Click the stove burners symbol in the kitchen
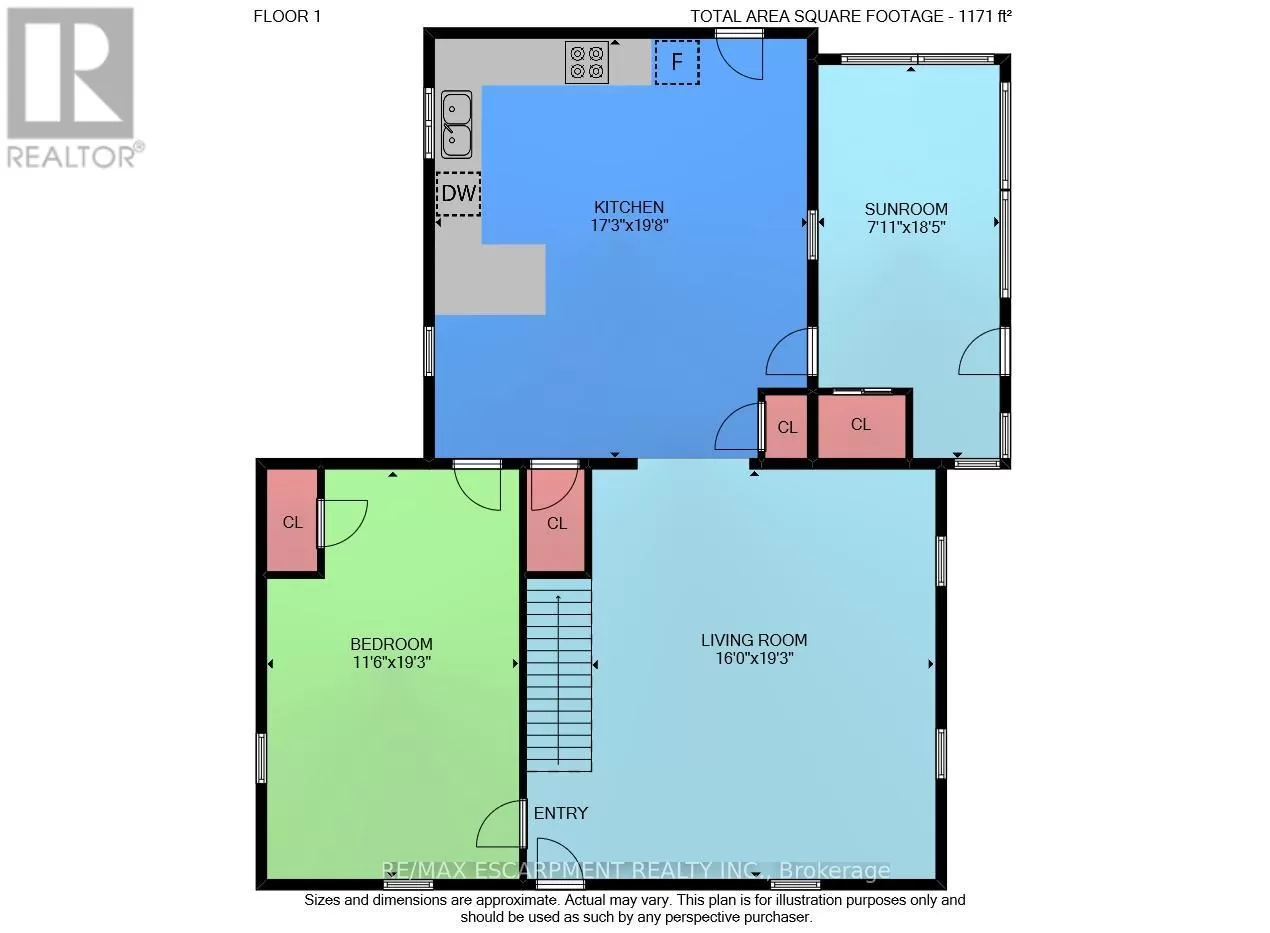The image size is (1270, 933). coord(587,62)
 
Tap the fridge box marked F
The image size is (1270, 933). coord(677,62)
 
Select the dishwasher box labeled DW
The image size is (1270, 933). coord(459,194)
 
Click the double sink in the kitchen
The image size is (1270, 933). coord(456,125)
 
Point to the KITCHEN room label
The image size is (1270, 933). coord(629,207)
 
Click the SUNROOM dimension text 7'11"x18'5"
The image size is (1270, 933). coord(907,227)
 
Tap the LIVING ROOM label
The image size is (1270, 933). coord(754,641)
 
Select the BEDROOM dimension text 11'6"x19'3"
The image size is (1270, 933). coord(392,662)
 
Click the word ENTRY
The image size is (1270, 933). coord(561,813)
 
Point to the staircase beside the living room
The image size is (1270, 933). coord(559,675)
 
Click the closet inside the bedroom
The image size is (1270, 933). coord(292,520)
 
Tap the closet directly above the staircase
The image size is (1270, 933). coord(556,520)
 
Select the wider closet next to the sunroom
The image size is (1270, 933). coord(861,426)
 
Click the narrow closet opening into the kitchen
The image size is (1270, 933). coord(786,426)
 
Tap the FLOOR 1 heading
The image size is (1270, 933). coord(287,16)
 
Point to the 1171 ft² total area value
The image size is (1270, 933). coord(985,16)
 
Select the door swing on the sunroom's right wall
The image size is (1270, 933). coord(980,351)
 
